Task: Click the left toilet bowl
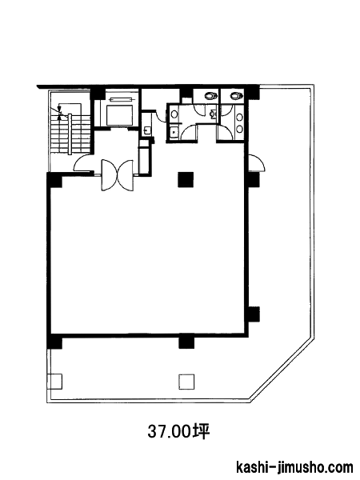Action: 210,95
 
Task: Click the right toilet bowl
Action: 236,95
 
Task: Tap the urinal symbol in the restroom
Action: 213,114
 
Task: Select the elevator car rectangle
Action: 120,115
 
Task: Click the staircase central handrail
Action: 70,134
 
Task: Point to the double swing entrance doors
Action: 118,175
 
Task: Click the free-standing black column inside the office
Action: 186,179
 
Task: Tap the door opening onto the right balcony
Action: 257,163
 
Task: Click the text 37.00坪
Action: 178,432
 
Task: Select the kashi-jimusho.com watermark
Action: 294,468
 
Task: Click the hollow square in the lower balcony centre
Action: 186,382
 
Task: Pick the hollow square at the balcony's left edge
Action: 54,382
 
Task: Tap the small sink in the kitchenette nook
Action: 146,130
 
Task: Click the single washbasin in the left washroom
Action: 174,114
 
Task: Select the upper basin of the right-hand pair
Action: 240,117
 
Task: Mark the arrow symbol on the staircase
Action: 59,111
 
